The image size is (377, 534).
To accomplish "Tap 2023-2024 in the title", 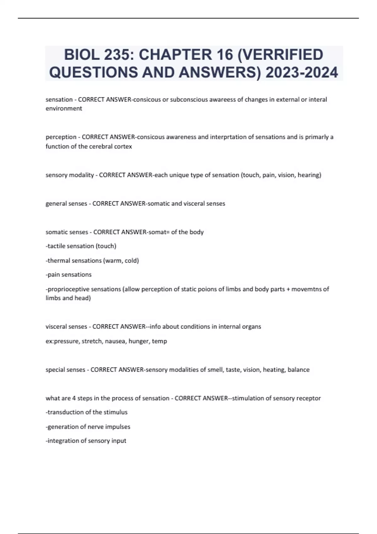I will coord(302,72).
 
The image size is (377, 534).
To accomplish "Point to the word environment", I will coord(64,109).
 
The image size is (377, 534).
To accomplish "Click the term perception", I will coord(61,137).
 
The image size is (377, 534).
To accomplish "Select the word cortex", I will coord(123,146).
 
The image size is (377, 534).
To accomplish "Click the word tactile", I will coord(57,246).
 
